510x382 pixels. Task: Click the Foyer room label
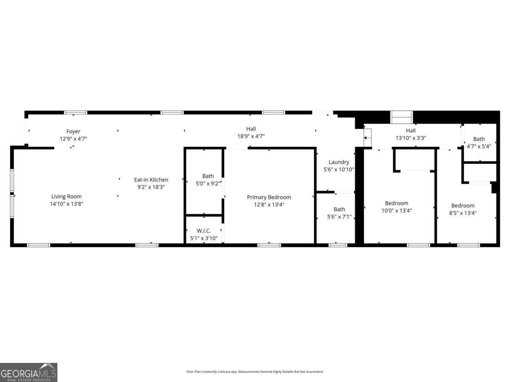click(73, 132)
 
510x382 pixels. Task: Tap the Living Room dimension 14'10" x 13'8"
click(66, 204)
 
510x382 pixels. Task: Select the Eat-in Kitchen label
click(151, 180)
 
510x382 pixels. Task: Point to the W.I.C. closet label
click(204, 231)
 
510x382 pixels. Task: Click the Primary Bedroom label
click(269, 197)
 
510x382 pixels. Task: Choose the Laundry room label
click(339, 162)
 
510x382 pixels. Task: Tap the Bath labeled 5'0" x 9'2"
click(208, 176)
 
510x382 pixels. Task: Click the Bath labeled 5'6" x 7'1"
click(339, 209)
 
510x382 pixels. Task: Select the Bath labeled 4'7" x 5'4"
click(479, 139)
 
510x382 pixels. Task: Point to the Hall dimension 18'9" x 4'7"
click(251, 136)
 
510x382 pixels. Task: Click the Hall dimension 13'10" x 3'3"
click(411, 138)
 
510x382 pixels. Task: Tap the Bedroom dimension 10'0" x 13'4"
click(397, 210)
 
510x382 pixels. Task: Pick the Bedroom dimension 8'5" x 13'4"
click(463, 213)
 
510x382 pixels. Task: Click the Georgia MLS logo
click(28, 372)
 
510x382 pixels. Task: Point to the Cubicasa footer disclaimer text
click(255, 372)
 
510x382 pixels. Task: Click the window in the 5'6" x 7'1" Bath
click(338, 245)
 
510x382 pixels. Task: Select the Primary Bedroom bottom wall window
click(269, 245)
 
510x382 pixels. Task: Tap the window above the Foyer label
click(76, 112)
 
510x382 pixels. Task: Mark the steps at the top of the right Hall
click(402, 117)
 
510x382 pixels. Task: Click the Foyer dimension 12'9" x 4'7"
click(73, 139)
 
